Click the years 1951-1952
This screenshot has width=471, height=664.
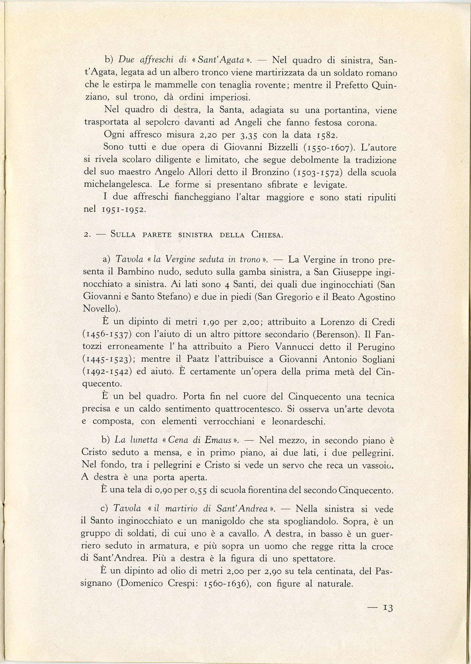tap(122, 209)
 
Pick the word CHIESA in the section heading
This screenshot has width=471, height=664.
tap(267, 235)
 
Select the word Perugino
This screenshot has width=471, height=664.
tap(373, 347)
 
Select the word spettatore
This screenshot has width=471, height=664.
tap(307, 559)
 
